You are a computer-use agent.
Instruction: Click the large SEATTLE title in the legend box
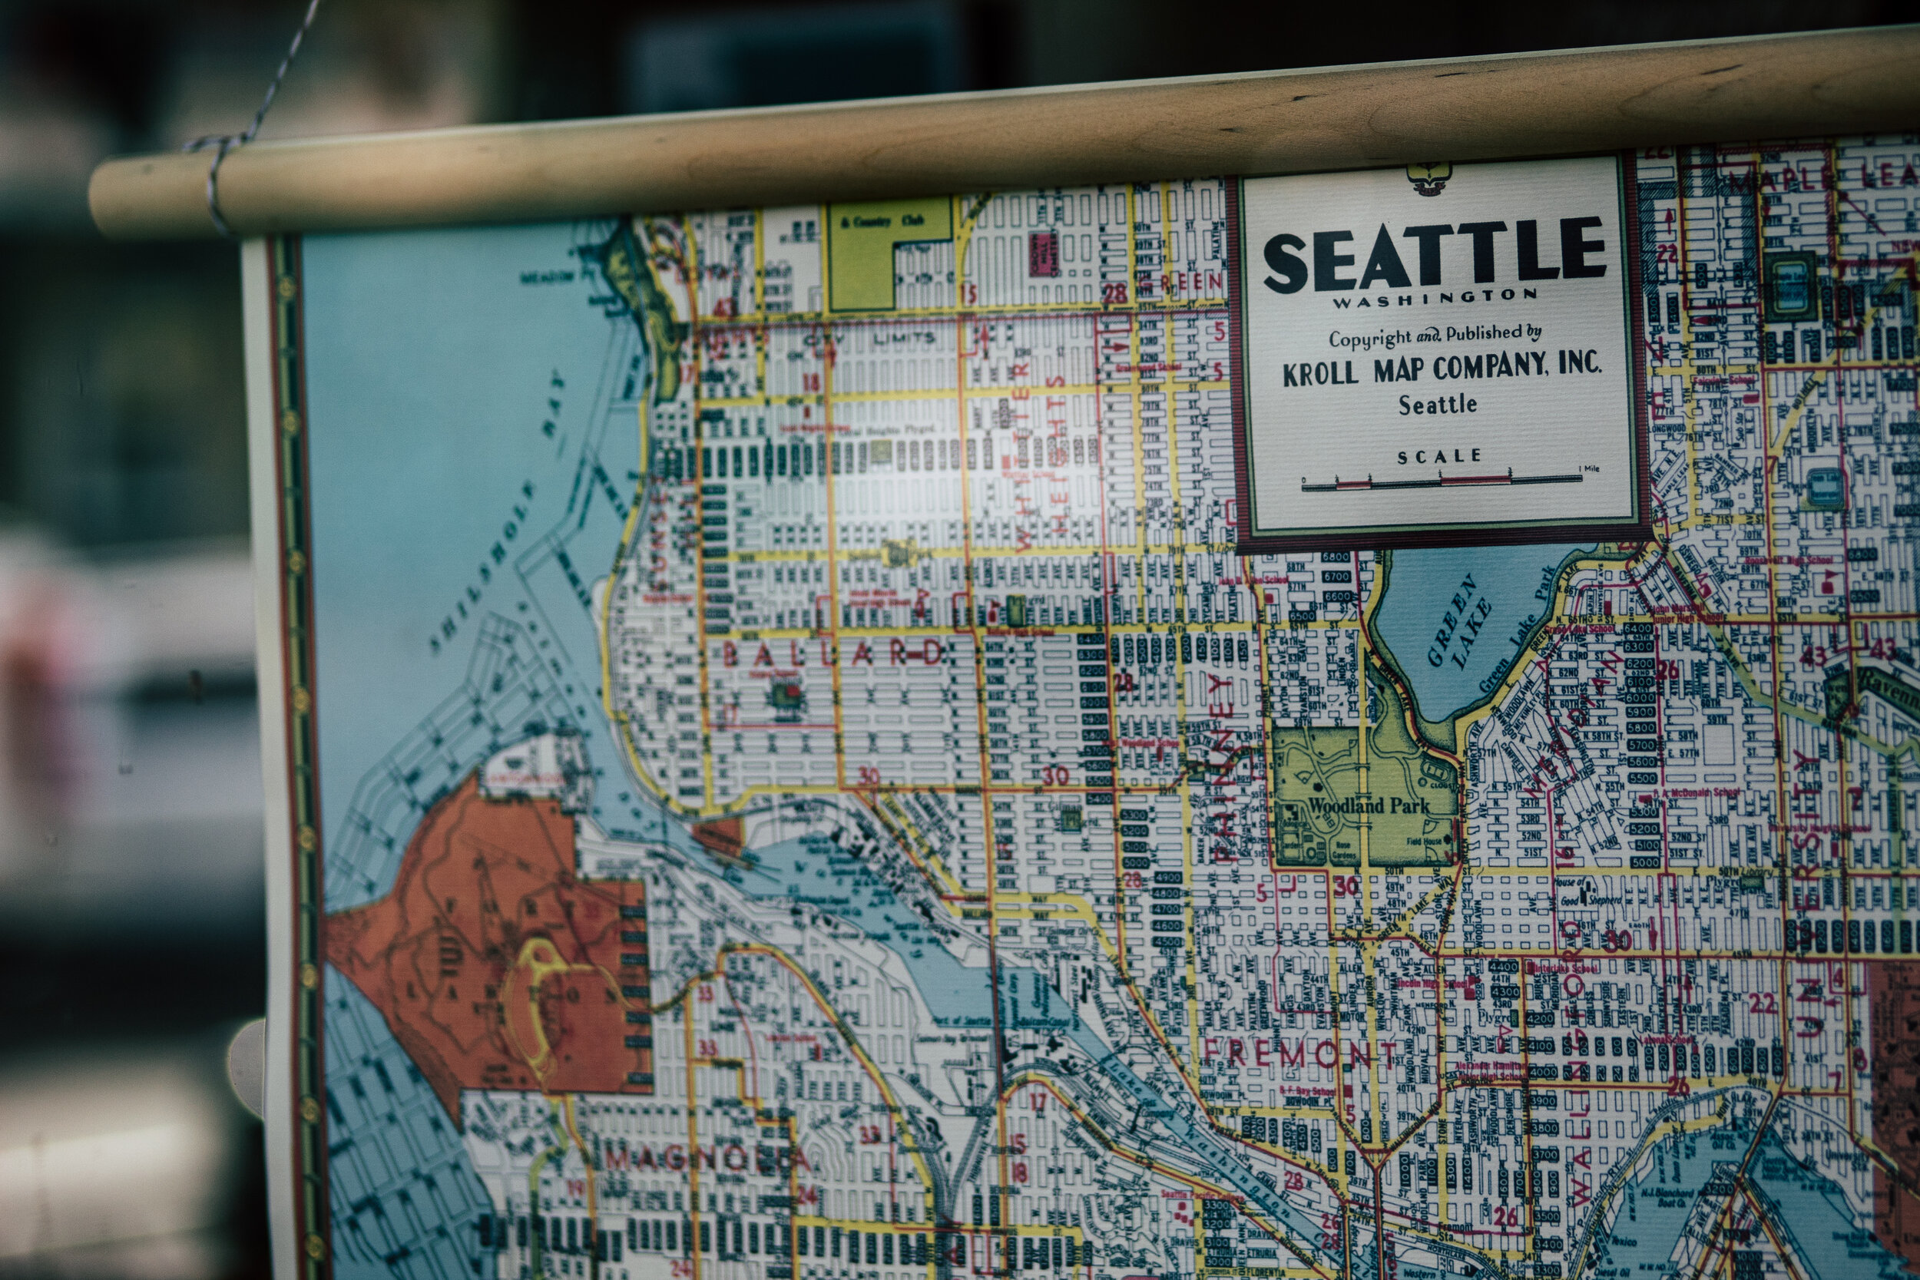pos(1435,255)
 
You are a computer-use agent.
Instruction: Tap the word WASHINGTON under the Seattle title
pos(1435,299)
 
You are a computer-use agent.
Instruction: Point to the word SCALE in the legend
pos(1439,456)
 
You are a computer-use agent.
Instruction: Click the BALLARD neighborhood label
pos(833,654)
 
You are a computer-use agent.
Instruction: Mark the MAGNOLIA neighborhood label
pos(706,1158)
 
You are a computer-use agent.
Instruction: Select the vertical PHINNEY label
pos(1221,767)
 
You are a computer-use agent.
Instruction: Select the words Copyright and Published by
pos(1435,335)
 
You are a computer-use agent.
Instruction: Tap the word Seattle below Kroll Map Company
pos(1438,405)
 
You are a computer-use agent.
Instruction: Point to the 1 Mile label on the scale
pos(1588,468)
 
